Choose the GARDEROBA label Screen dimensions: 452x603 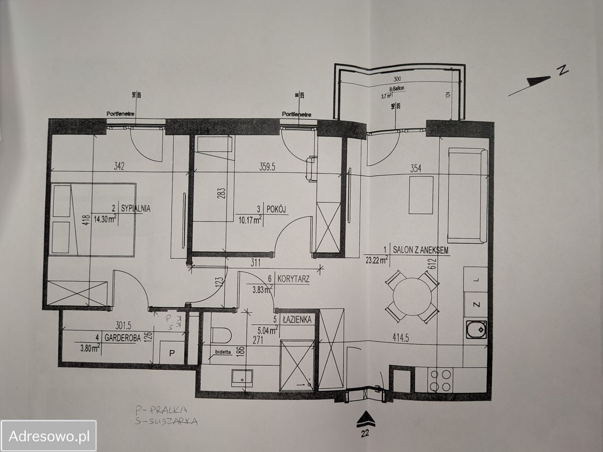coord(121,338)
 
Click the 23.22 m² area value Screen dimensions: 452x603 coord(375,258)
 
